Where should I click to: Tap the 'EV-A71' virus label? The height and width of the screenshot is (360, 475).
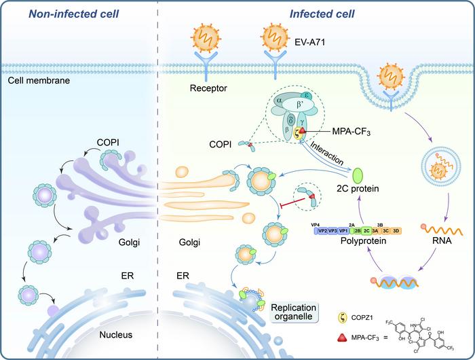pos(313,41)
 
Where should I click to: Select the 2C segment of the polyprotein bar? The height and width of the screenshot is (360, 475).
pos(366,230)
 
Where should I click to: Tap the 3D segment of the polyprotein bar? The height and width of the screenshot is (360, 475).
pos(396,230)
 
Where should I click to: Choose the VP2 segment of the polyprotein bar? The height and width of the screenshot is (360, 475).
pos(322,230)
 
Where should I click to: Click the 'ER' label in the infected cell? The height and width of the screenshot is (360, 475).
pos(181,277)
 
